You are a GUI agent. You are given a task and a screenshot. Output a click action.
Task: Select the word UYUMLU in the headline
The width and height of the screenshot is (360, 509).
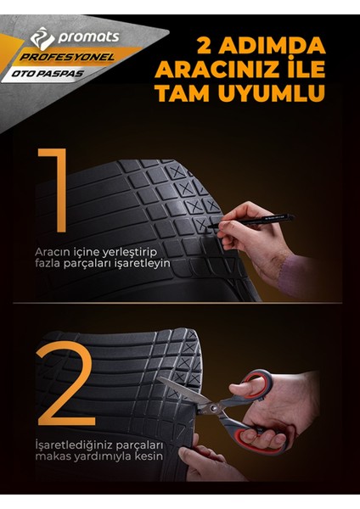coord(277,92)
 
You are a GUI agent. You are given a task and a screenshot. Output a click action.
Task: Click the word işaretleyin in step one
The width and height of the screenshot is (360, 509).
coord(143,264)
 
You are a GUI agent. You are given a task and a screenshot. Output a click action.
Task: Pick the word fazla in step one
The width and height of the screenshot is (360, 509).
coord(48,264)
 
